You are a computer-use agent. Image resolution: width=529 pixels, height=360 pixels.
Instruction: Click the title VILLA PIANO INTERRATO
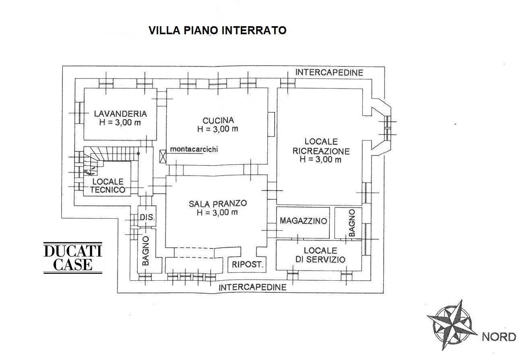(217, 30)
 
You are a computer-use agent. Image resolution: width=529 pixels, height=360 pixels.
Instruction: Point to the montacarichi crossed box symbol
(163, 156)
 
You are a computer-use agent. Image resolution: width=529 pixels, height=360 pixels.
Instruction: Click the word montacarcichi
(194, 149)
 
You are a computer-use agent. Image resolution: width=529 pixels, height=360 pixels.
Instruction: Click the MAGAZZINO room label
(304, 221)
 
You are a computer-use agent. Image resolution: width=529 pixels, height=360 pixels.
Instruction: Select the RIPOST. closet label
(247, 265)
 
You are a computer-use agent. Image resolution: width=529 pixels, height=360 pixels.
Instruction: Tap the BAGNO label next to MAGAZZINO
(351, 223)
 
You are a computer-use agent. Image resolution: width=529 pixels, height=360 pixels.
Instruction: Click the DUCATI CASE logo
(73, 258)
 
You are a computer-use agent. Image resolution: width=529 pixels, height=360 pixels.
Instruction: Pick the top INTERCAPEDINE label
(329, 72)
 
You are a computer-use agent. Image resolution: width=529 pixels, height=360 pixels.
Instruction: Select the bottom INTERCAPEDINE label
(252, 287)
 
